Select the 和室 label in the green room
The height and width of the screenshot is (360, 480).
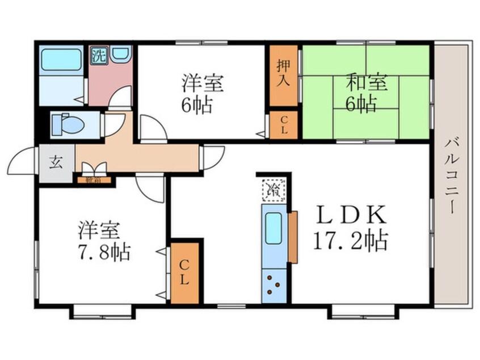click(367, 83)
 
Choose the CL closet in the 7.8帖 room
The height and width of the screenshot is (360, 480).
click(185, 273)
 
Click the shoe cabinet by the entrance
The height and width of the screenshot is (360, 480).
click(95, 181)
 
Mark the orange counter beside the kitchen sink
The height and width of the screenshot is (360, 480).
click(293, 237)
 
